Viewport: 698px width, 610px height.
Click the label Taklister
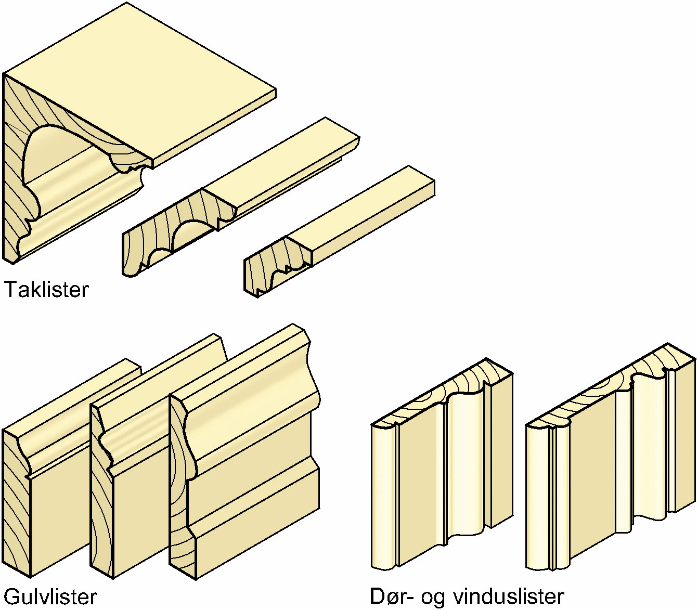coord(47,289)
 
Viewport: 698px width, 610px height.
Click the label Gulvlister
coord(50,596)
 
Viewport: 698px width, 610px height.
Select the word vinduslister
coord(509,596)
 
